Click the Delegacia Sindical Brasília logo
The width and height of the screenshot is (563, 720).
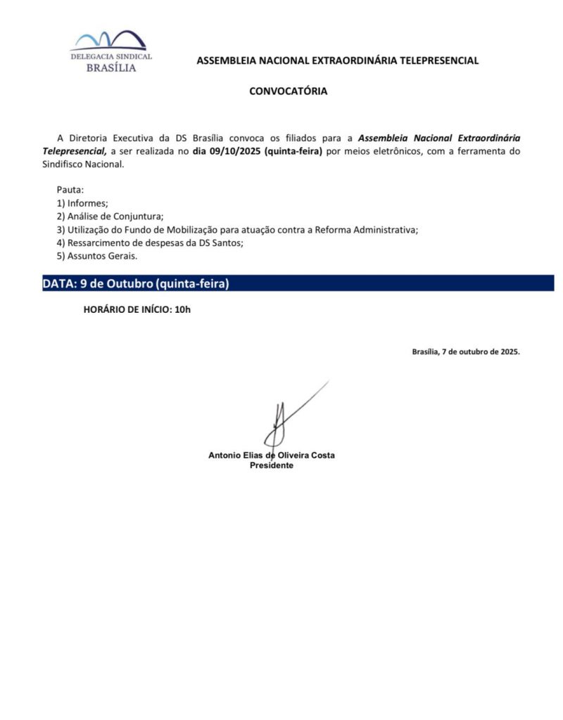110,51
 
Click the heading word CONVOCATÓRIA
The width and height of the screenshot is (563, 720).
288,91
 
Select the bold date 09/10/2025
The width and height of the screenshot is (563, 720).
227,151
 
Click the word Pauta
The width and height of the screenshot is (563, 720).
70,191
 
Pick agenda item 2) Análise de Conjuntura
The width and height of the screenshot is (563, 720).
110,217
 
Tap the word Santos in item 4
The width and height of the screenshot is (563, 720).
227,243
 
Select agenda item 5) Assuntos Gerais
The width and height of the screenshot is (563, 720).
97,256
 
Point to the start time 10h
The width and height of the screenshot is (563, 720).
182,309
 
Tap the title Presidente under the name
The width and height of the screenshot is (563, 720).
272,465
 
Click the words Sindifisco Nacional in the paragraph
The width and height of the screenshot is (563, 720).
82,165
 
